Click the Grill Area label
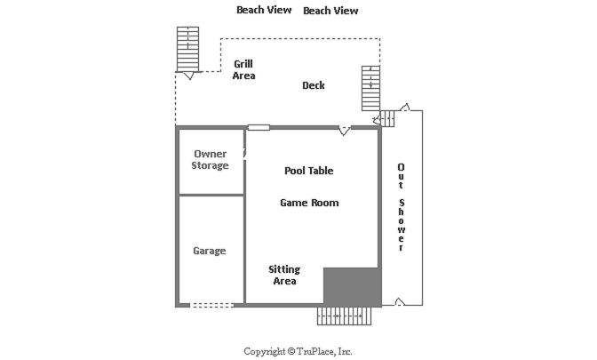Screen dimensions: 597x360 pyautogui.click(x=243, y=69)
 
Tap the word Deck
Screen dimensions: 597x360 pyautogui.click(x=314, y=85)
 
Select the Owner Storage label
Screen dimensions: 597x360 pyautogui.click(x=210, y=160)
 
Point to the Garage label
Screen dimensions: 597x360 pyautogui.click(x=210, y=251)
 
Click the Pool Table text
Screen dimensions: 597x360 pyautogui.click(x=309, y=171)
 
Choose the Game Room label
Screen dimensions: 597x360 pyautogui.click(x=309, y=203)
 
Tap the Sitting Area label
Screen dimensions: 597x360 pyautogui.click(x=284, y=275)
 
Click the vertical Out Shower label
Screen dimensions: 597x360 pyautogui.click(x=401, y=207)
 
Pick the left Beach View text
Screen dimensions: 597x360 pyautogui.click(x=264, y=10)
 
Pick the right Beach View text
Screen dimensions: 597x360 pyautogui.click(x=330, y=11)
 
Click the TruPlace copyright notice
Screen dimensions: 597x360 pyautogui.click(x=298, y=351)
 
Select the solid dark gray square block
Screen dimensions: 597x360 pyautogui.click(x=352, y=286)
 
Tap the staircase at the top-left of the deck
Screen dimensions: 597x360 pyautogui.click(x=187, y=49)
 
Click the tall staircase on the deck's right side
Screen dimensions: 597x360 pyautogui.click(x=370, y=88)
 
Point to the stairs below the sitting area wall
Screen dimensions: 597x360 pyautogui.click(x=344, y=316)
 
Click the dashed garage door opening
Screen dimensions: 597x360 pyautogui.click(x=211, y=305)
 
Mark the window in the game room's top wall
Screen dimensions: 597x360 pyautogui.click(x=259, y=128)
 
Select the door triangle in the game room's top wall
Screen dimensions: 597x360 pyautogui.click(x=344, y=131)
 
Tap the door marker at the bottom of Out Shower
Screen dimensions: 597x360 pyautogui.click(x=400, y=301)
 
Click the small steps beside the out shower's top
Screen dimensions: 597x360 pyautogui.click(x=386, y=119)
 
